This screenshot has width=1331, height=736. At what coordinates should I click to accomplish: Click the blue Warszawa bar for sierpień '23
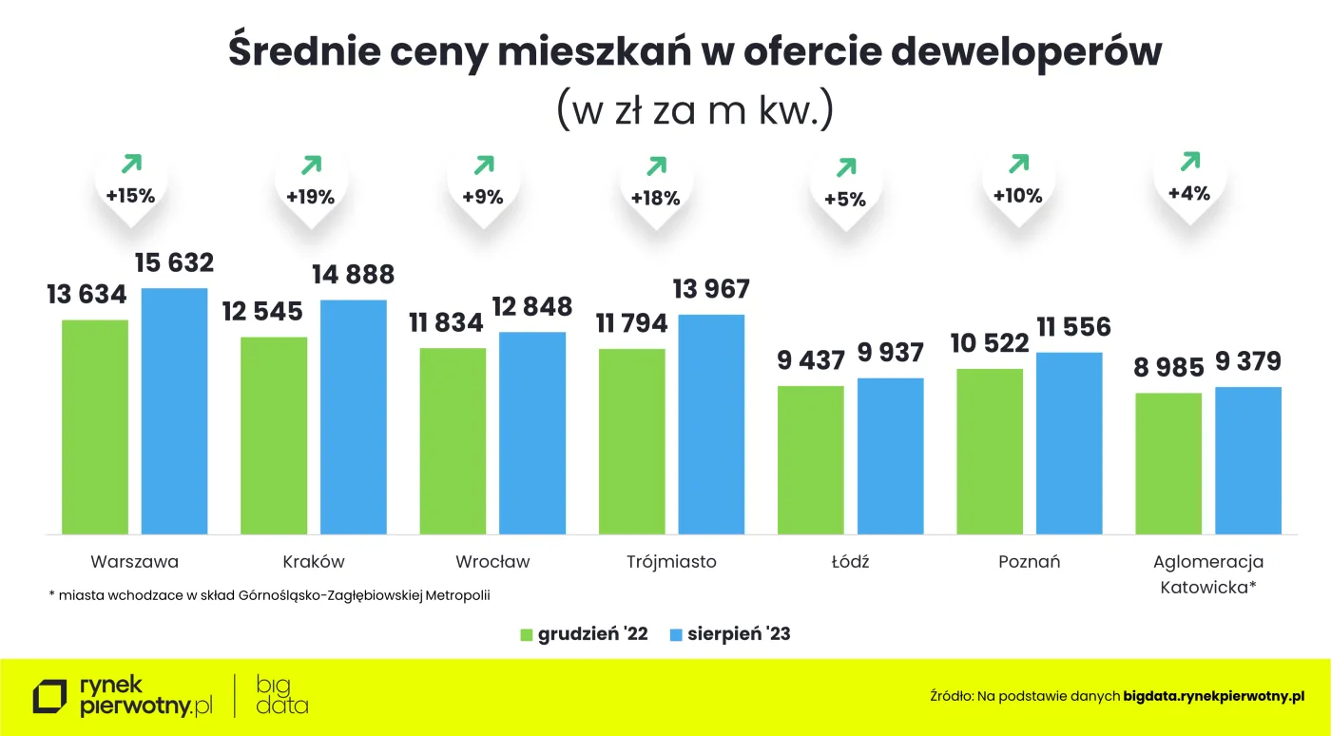[174, 410]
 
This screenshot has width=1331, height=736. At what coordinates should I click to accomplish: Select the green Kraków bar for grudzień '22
[274, 435]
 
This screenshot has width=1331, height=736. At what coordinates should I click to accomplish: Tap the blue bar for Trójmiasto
[711, 423]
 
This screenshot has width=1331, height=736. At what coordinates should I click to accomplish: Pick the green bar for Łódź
[810, 459]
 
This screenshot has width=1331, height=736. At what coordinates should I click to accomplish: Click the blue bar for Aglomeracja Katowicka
[1247, 459]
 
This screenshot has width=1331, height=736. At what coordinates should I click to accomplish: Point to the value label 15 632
[174, 262]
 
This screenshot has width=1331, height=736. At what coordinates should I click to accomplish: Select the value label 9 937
[890, 354]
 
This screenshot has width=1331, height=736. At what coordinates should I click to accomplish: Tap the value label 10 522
[990, 343]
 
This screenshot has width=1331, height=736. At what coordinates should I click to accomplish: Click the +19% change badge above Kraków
[311, 198]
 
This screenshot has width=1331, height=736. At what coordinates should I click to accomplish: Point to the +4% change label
[1189, 193]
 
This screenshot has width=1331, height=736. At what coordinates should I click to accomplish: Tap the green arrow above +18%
[656, 166]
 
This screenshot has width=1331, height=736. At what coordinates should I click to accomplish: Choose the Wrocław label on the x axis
[492, 561]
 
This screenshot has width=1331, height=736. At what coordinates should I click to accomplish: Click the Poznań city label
[1029, 561]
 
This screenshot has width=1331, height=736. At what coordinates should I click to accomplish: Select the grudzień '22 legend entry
[585, 634]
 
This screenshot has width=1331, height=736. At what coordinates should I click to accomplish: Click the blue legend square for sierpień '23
[676, 634]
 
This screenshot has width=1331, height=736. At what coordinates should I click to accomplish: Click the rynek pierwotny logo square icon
[50, 697]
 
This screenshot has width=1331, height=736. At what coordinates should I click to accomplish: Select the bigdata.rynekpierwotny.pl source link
[1213, 697]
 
